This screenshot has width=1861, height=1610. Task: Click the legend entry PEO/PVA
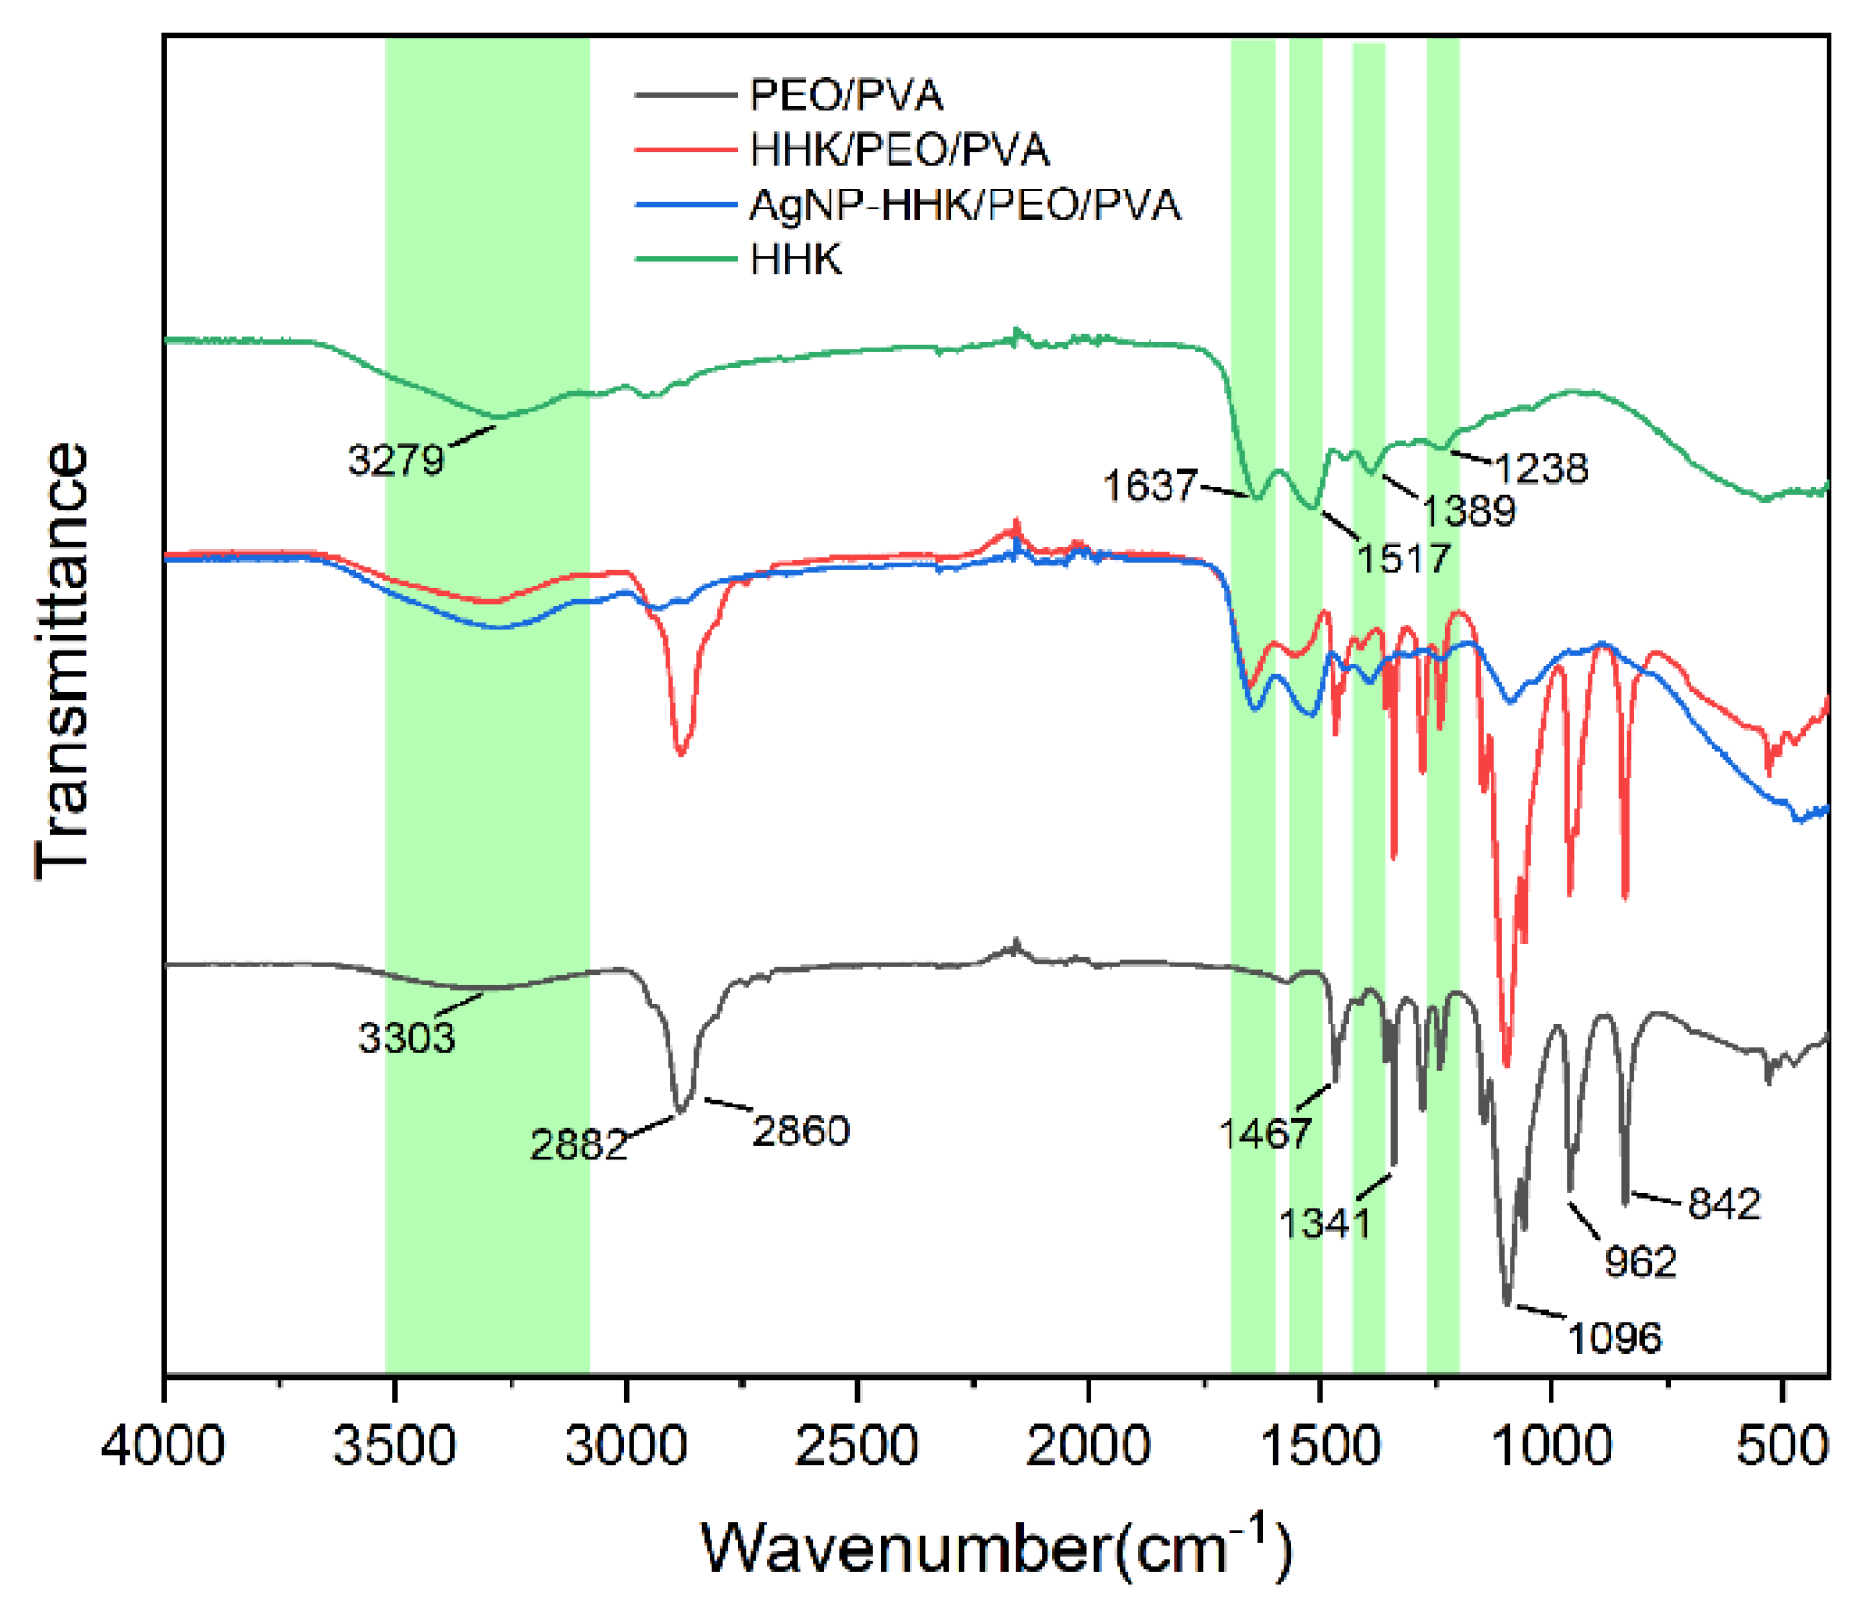846,95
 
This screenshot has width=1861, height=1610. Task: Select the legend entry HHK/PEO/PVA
898,150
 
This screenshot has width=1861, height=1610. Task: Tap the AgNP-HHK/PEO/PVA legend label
964,206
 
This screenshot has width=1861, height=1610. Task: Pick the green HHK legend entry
795,260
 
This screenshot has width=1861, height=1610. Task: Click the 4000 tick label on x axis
163,1446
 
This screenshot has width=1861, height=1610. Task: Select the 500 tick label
1782,1446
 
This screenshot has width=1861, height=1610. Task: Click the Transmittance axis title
63,661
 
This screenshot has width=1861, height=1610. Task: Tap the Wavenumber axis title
996,1547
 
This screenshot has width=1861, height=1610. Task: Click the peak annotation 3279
395,461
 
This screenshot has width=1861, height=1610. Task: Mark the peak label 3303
407,1038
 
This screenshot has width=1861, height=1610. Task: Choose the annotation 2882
578,1144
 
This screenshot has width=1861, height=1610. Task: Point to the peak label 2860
801,1131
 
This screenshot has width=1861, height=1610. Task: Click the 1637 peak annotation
1150,487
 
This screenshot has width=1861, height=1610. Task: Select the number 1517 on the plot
1403,559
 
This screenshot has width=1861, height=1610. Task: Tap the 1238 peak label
1541,468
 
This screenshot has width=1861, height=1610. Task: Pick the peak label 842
1724,1204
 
